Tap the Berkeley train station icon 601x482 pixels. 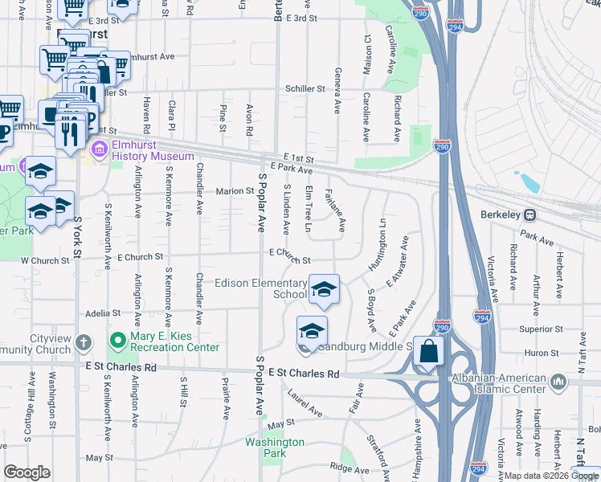coord(530,215)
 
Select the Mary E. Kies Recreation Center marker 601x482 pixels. coord(117,341)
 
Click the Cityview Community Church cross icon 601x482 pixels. coord(84,344)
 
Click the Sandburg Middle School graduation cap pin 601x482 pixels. coord(313,329)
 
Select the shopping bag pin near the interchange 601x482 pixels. coord(430,352)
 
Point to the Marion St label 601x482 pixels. coord(235,191)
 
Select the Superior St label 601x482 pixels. coord(541,329)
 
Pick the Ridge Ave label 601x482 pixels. coord(348,468)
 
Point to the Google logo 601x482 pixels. coord(27,472)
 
